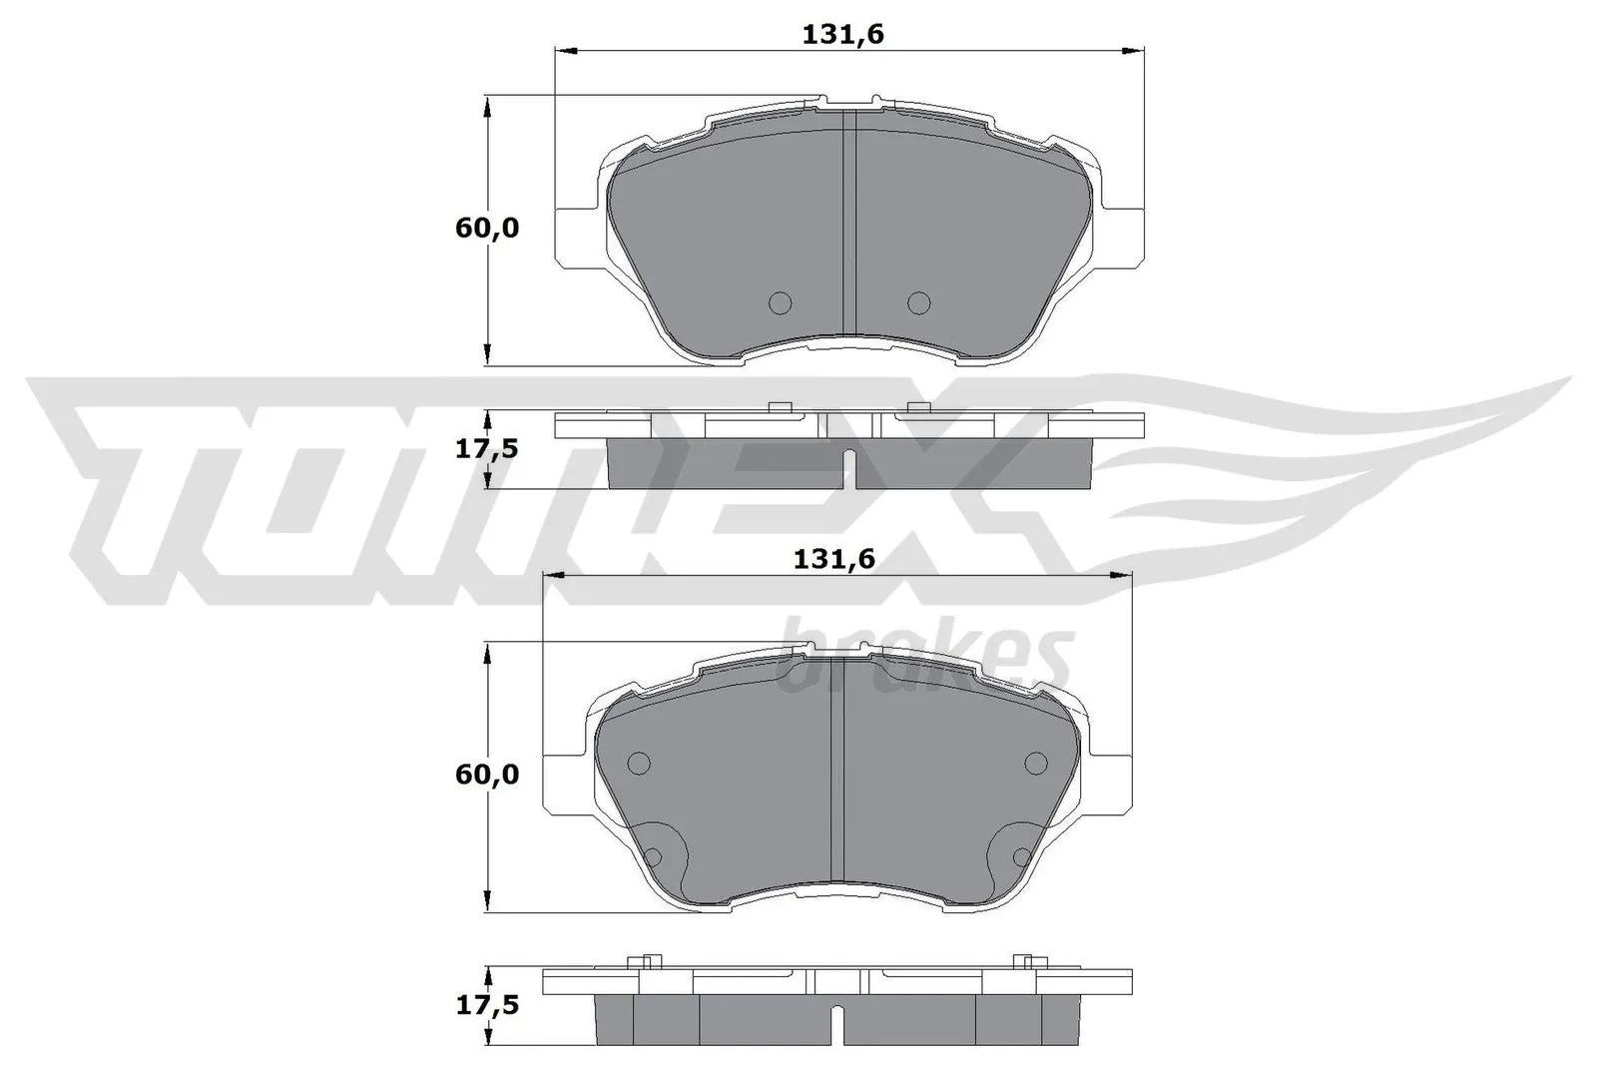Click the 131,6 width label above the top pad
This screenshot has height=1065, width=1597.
click(x=843, y=35)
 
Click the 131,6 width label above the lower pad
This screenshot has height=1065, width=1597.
click(x=833, y=559)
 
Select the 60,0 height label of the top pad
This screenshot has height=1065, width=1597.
click(x=487, y=228)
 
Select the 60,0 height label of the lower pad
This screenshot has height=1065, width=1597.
click(x=487, y=774)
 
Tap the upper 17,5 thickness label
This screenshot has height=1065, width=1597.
click(x=487, y=449)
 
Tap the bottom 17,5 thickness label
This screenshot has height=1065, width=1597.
click(x=487, y=1005)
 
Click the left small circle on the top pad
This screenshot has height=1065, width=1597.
click(x=780, y=301)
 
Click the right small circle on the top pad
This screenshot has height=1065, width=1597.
click(x=918, y=301)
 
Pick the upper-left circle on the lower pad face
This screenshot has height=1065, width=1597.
click(x=639, y=764)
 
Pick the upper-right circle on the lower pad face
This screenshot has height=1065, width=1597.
click(x=1037, y=764)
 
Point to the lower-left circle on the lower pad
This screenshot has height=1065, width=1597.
click(x=653, y=856)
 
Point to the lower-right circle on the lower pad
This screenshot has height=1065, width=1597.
click(x=1021, y=856)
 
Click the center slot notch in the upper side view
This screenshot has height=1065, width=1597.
click(x=849, y=467)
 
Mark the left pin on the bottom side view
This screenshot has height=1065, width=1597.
click(x=646, y=962)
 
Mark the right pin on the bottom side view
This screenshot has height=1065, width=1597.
click(x=1021, y=962)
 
